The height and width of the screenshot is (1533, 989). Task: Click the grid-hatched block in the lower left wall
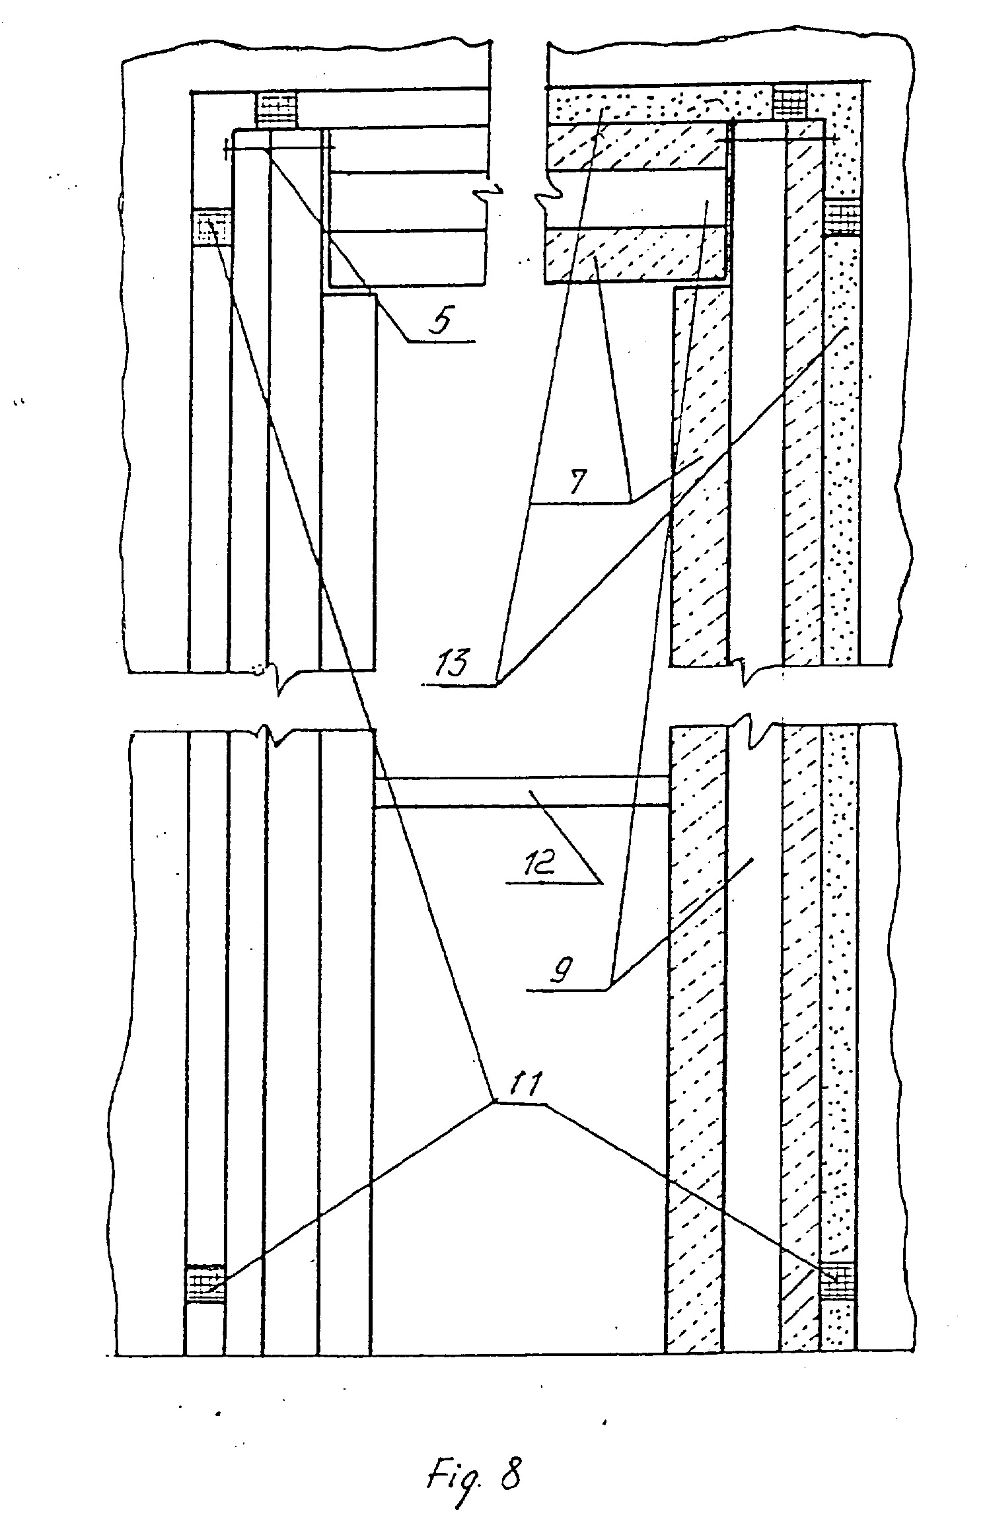pyautogui.click(x=205, y=1283)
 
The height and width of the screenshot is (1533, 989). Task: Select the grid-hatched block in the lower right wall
pyautogui.click(x=838, y=1282)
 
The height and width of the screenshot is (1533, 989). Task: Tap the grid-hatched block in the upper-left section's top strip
pyautogui.click(x=277, y=110)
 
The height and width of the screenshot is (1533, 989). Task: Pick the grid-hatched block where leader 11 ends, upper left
pyautogui.click(x=212, y=228)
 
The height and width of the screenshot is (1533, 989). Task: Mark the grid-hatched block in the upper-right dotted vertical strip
pyautogui.click(x=843, y=219)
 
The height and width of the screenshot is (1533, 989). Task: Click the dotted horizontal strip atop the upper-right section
pyautogui.click(x=660, y=104)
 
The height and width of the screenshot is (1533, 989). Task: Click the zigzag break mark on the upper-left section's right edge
pyautogui.click(x=489, y=188)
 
